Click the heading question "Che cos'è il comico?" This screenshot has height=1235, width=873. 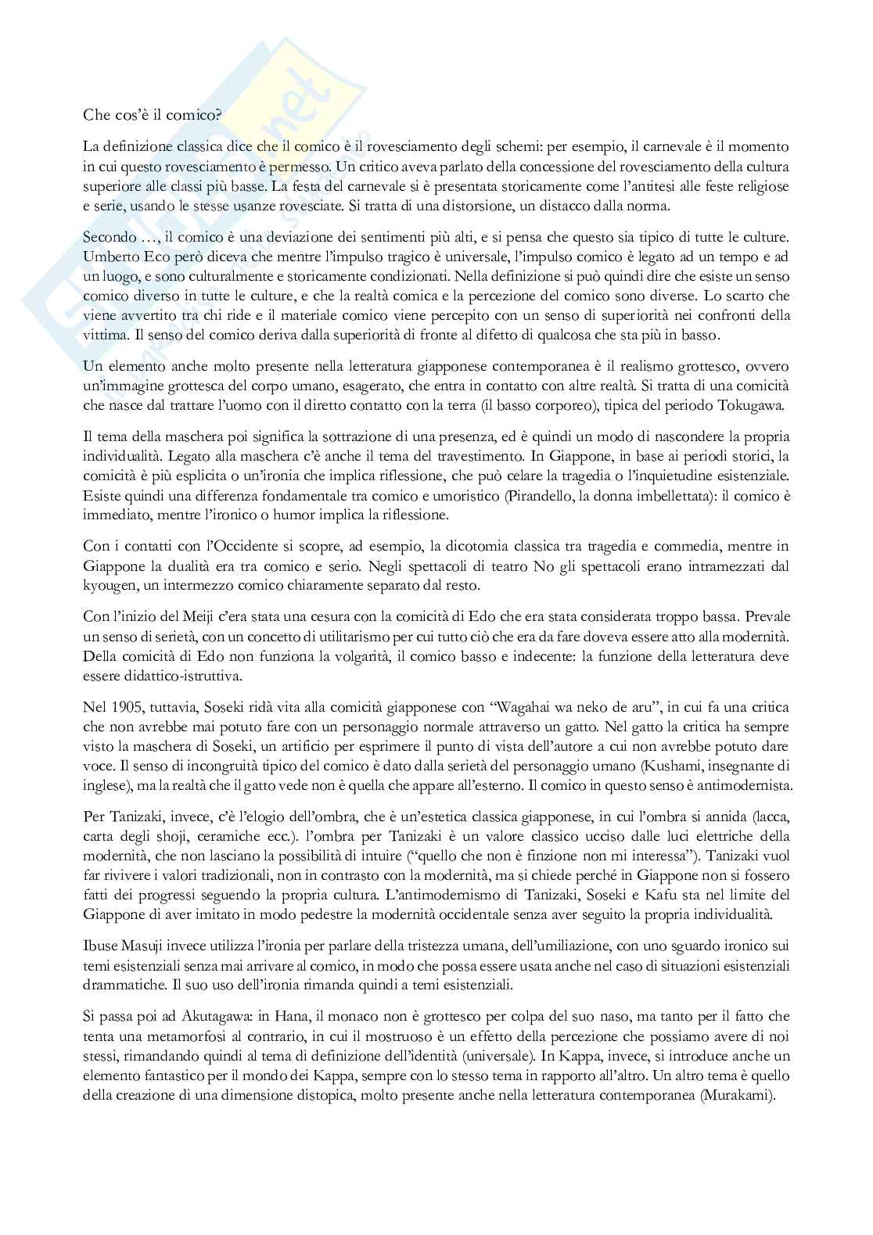[152, 114]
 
